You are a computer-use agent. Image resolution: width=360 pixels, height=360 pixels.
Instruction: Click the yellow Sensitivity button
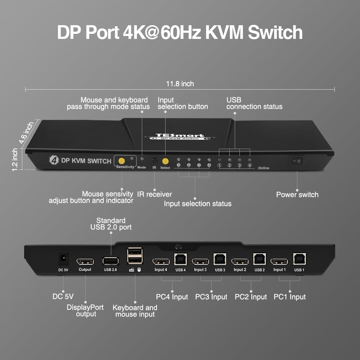122,160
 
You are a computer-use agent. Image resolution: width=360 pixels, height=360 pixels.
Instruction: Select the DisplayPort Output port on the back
85,261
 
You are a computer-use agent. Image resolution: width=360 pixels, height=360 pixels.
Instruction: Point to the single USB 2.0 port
110,261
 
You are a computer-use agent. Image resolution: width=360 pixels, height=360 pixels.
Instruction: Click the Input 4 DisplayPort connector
161,261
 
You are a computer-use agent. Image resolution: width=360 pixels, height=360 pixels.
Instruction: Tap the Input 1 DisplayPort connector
279,261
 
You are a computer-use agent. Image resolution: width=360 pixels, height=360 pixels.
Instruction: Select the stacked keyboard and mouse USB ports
135,256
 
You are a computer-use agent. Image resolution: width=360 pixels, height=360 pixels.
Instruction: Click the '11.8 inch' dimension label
180,84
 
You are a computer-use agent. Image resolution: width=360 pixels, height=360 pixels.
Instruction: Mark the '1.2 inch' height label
15,159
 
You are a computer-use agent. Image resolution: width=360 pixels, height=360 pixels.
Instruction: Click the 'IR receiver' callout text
154,194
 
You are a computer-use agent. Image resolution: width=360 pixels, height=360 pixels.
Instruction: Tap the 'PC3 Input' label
211,297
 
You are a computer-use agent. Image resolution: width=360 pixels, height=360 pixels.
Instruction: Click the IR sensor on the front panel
154,160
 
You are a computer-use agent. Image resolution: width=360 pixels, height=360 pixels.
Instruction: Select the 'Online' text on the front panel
264,168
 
